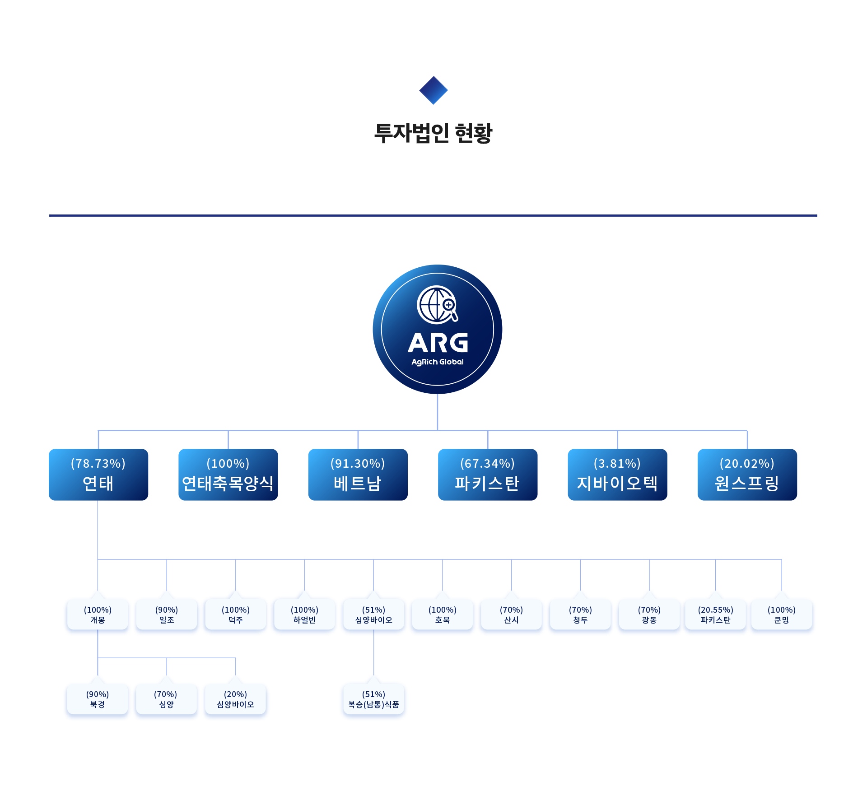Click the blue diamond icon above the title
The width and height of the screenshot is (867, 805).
[433, 90]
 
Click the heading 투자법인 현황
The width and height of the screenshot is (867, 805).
[433, 133]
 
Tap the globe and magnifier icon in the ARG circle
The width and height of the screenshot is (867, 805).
[437, 305]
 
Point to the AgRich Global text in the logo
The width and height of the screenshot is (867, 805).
[437, 362]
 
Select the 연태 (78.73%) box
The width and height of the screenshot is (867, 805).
[98, 474]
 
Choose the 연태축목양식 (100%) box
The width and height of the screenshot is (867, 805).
[228, 474]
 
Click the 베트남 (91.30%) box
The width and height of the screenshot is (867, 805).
[358, 474]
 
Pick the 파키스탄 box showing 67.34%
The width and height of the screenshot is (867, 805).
[488, 474]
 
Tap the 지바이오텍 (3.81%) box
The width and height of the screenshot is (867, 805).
[617, 474]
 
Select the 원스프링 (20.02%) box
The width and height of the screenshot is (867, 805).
[747, 474]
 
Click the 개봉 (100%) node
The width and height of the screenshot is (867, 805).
[98, 614]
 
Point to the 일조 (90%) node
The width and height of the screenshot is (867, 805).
[167, 614]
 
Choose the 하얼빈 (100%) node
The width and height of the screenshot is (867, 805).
[304, 614]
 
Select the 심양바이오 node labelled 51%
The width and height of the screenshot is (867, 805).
[373, 614]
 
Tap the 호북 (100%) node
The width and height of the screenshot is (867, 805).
[443, 614]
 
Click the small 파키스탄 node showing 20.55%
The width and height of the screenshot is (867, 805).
[715, 614]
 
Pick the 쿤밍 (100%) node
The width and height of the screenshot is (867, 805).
[782, 614]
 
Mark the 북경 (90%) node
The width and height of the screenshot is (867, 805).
[98, 699]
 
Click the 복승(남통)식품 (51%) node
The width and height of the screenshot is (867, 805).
[373, 699]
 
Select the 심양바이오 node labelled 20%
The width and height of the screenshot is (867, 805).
[235, 699]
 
